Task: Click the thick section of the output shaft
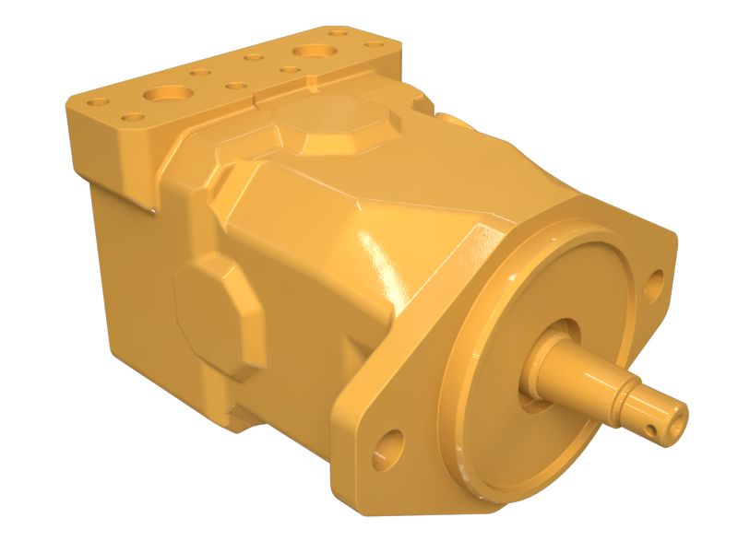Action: (573, 370)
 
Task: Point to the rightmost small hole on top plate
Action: (374, 43)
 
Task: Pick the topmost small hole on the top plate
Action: (338, 32)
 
